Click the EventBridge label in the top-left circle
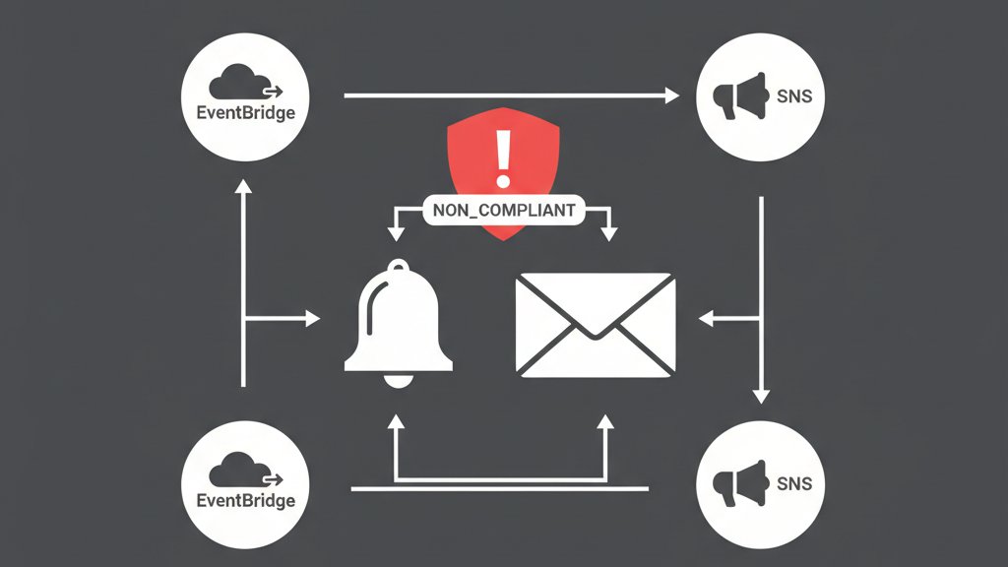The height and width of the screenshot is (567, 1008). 245,112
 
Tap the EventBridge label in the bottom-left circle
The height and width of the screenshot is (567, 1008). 245,500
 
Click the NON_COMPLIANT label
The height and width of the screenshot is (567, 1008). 504,210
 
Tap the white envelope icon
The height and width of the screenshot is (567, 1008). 596,326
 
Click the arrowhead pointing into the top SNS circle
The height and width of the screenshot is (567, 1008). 673,95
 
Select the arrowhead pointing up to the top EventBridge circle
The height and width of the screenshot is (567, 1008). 243,186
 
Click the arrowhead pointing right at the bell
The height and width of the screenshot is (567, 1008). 313,318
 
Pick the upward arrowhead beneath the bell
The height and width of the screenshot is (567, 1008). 395,420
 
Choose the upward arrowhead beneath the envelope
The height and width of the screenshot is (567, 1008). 605,420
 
